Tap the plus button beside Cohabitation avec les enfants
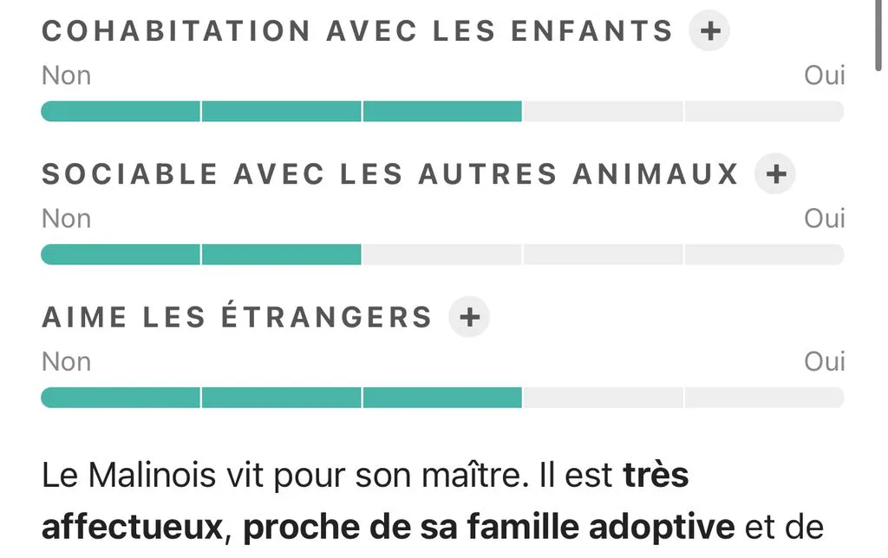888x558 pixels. [x=709, y=30]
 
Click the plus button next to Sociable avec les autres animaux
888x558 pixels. [x=774, y=173]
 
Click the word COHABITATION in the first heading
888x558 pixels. [x=176, y=30]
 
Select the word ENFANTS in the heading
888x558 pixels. [x=591, y=30]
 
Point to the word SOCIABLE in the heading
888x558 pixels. [x=130, y=174]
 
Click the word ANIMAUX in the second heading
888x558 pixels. [x=656, y=174]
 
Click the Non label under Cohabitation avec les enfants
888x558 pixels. [x=66, y=75]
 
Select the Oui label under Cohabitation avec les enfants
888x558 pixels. [x=825, y=75]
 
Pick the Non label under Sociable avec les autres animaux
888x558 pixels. [x=66, y=218]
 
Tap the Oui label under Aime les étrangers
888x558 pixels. [x=825, y=361]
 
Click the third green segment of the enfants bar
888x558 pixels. [x=442, y=112]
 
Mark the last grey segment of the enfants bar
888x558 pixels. [x=765, y=112]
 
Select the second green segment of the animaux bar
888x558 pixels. [x=282, y=255]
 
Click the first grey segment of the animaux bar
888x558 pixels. [x=442, y=255]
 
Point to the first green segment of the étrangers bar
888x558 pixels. [x=121, y=398]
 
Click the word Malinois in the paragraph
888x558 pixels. [x=152, y=475]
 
